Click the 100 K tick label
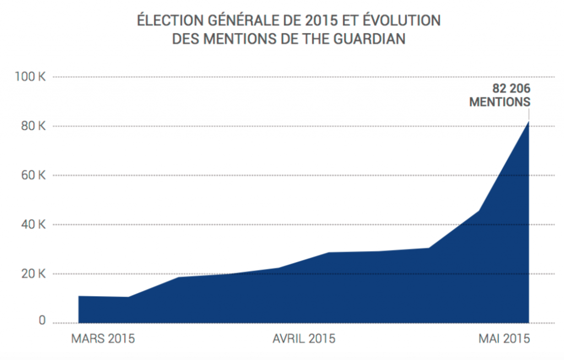click(30, 77)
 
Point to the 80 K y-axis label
click(32, 127)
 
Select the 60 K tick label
click(32, 176)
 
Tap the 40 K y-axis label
click(32, 225)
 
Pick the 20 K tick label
click(32, 274)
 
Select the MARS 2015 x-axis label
click(103, 339)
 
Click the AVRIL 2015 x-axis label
click(304, 339)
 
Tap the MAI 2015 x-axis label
click(502, 339)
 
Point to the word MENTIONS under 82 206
click(500, 102)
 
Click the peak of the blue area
click(529, 122)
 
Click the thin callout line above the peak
click(529, 114)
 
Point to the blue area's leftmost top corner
click(79, 297)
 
